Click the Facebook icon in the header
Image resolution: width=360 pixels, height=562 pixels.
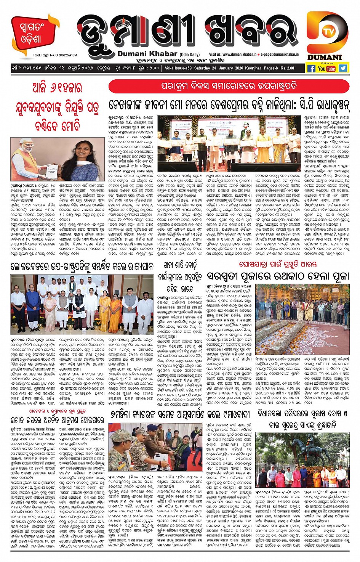(x=311, y=69)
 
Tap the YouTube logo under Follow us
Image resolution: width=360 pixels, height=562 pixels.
(x=327, y=69)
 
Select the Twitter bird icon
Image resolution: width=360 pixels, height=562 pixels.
(x=343, y=68)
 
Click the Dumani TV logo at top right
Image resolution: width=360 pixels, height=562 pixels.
(x=327, y=36)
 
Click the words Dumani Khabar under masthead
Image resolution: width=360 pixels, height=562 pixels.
(x=147, y=54)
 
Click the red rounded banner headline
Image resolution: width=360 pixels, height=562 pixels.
(x=229, y=86)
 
